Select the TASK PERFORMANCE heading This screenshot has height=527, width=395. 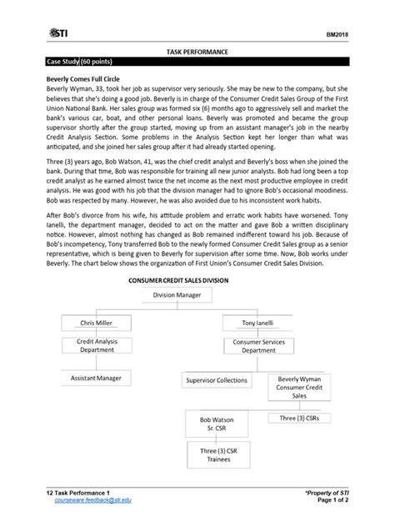197,53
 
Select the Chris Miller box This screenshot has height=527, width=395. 96,324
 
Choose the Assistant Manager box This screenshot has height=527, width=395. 96,379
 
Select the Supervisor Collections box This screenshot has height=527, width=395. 217,380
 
